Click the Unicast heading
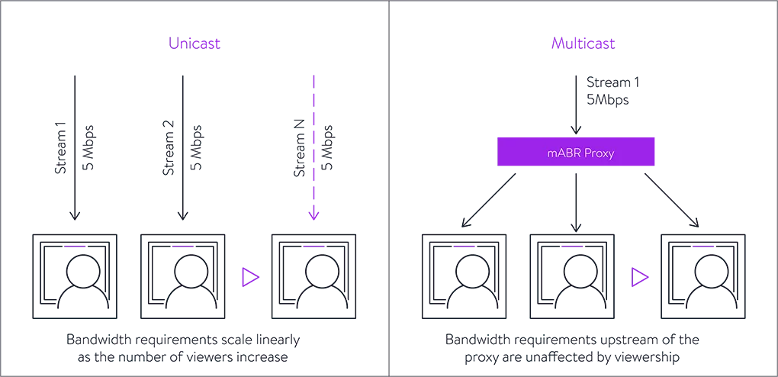point(194,43)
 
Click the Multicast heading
point(583,43)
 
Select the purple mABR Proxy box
point(577,152)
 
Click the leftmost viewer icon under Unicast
point(76,277)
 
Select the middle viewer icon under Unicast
point(183,277)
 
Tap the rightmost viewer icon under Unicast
point(314,277)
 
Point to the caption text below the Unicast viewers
point(183,348)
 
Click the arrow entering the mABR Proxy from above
point(577,107)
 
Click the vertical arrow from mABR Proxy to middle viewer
point(577,198)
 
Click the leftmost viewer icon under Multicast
point(466,277)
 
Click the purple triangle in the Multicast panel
point(639,277)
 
